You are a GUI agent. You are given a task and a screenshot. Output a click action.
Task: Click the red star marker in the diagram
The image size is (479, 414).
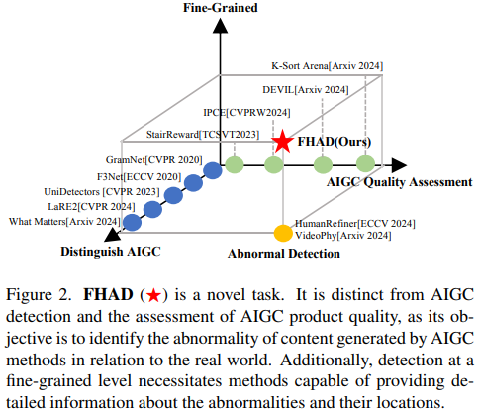[x=282, y=142]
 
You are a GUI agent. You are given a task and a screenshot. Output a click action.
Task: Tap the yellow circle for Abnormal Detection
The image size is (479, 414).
[x=283, y=233]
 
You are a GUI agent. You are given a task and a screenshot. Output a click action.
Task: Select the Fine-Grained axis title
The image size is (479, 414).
[x=221, y=8]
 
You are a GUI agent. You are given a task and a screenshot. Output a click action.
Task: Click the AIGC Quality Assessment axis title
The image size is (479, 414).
[x=400, y=182]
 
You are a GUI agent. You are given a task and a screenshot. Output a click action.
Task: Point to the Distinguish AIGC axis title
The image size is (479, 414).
[x=111, y=252]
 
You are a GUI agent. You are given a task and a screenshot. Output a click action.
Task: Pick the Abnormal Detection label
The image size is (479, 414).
[x=284, y=254]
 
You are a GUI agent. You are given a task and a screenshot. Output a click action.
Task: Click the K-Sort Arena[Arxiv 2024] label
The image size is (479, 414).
[x=328, y=66]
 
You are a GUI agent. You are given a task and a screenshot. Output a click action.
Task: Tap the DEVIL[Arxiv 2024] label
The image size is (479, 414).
[x=306, y=90]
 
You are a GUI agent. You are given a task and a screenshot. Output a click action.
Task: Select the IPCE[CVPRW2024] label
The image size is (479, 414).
[x=246, y=113]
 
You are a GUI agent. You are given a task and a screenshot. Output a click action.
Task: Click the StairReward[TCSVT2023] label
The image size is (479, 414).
[x=203, y=135]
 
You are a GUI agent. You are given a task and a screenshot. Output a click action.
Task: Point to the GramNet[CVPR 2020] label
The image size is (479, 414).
[x=153, y=160]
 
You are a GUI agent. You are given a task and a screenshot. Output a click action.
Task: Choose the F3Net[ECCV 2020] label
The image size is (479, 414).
[x=139, y=177]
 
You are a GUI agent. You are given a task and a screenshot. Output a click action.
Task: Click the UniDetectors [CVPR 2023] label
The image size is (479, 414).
[x=102, y=192]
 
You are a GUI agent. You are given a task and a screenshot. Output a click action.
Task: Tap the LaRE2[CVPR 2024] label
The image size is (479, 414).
[x=91, y=207]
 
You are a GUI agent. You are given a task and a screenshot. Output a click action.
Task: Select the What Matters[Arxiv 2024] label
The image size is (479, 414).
[x=64, y=221]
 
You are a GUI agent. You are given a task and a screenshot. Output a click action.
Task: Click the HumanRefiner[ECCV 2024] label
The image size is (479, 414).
[x=355, y=224]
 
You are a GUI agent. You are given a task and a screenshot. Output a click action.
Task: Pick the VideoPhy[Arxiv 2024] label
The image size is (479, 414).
[x=343, y=236]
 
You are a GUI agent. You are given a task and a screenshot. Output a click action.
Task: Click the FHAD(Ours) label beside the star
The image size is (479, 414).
[x=335, y=142]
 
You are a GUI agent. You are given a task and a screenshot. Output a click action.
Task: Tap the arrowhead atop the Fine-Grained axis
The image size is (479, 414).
[x=220, y=26]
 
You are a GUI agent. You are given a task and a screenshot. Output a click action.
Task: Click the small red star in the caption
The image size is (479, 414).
[x=153, y=295]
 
